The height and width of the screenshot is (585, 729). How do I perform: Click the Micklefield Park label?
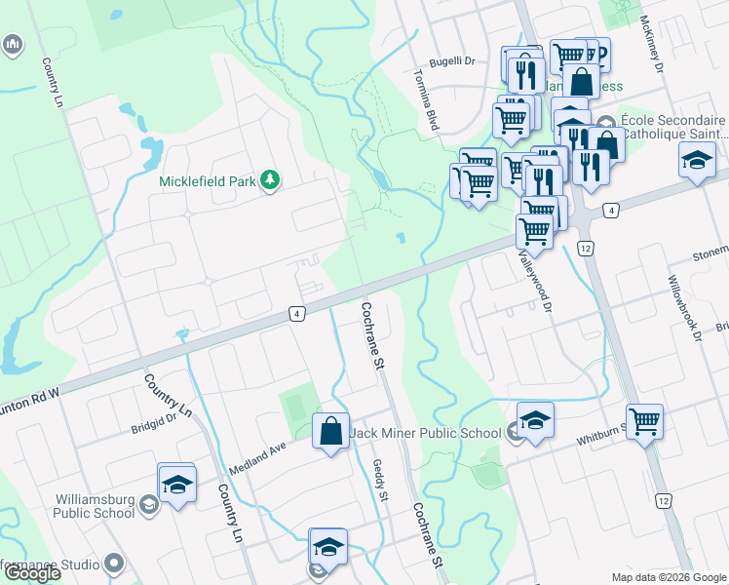point(209,180)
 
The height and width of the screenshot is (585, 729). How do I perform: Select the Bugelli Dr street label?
point(454,60)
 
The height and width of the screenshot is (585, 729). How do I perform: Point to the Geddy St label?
point(381,483)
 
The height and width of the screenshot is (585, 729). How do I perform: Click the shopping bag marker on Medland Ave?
point(330,431)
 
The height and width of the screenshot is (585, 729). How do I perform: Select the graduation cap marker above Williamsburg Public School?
point(177,485)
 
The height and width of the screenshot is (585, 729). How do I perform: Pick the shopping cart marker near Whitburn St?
point(644,423)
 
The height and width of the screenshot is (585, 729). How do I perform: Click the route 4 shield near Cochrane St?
point(296,313)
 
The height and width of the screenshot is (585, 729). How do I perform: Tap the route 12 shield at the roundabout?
point(585,249)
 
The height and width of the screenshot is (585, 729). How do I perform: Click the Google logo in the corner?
point(31,573)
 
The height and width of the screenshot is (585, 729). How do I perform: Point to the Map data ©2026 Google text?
point(668,577)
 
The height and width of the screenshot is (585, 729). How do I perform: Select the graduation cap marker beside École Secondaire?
point(697,160)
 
